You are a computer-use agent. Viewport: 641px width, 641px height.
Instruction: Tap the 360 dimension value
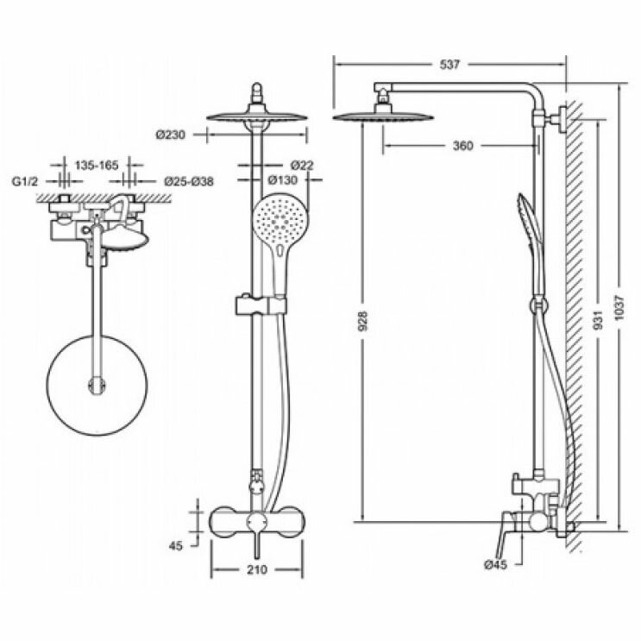pos(462,145)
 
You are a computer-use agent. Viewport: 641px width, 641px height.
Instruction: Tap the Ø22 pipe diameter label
pos(301,165)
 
